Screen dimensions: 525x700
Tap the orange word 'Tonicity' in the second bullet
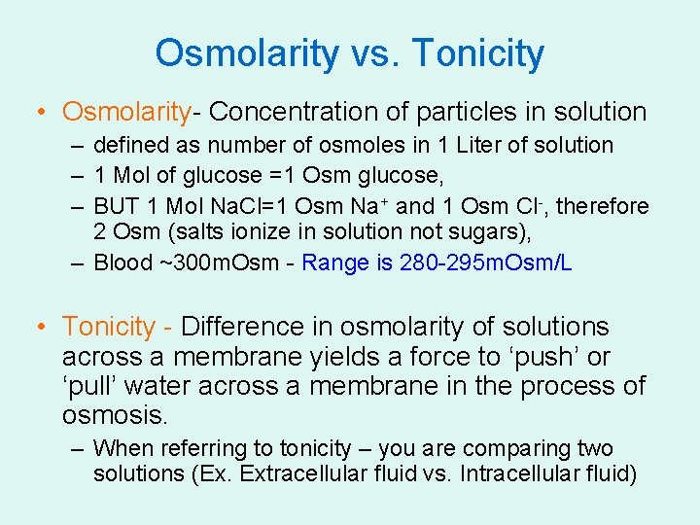coord(109,327)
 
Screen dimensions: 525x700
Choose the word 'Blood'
coord(123,262)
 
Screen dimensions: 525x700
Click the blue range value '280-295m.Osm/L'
coord(485,262)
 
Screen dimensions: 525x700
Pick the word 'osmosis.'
coord(115,416)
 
